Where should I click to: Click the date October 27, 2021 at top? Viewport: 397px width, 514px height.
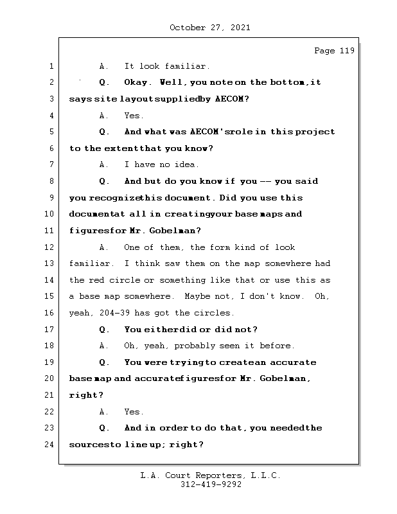click(210, 28)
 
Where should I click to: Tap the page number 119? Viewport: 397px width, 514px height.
click(346, 51)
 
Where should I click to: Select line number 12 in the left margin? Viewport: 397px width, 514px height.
click(50, 247)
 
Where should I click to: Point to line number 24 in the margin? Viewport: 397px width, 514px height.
click(50, 445)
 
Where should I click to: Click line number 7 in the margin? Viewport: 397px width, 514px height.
click(50, 165)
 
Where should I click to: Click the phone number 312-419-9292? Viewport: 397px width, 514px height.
click(211, 485)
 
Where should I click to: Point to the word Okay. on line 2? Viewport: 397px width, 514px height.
click(138, 83)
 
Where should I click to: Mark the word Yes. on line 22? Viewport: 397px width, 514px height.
click(134, 412)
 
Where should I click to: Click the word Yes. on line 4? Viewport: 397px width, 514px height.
click(134, 116)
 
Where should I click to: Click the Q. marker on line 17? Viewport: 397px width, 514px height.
click(105, 330)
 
